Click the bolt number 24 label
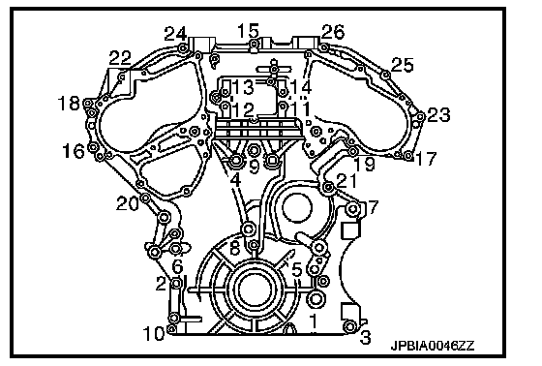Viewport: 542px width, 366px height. [x=175, y=34]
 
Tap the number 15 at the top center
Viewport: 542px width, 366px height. [x=248, y=31]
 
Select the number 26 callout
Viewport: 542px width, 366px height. [x=333, y=32]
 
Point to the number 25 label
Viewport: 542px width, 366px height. [x=403, y=65]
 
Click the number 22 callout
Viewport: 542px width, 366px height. [x=120, y=58]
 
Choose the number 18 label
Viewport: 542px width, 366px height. [x=69, y=104]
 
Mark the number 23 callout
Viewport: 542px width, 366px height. [x=439, y=115]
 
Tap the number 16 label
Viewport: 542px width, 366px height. [x=74, y=151]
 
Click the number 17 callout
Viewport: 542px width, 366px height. [x=426, y=159]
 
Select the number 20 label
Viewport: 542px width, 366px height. [x=128, y=203]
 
